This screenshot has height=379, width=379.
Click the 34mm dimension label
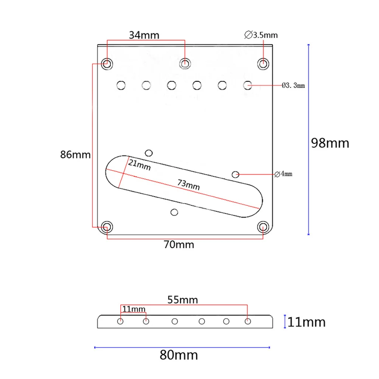click(144, 35)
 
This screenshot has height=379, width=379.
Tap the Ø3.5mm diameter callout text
click(262, 35)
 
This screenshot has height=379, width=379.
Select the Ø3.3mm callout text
click(294, 86)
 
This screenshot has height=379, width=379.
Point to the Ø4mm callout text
click(283, 174)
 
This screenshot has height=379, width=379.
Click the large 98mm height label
click(330, 143)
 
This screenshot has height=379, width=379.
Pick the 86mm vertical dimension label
click(75, 155)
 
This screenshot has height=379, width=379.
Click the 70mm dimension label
click(179, 245)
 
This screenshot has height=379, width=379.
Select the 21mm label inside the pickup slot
click(139, 165)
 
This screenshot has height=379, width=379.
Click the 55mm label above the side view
click(183, 300)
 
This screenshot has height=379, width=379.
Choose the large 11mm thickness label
click(306, 322)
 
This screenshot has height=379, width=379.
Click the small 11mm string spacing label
click(134, 309)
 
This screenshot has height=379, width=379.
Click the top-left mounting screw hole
click(107, 63)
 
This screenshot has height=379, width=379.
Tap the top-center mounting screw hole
click(185, 63)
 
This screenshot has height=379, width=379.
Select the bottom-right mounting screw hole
click(263, 227)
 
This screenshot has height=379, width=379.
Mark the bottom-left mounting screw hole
click(107, 227)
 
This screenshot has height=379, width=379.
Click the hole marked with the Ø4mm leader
click(236, 174)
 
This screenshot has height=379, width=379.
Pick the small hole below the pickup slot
click(174, 212)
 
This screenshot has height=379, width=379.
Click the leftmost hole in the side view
click(121, 322)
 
